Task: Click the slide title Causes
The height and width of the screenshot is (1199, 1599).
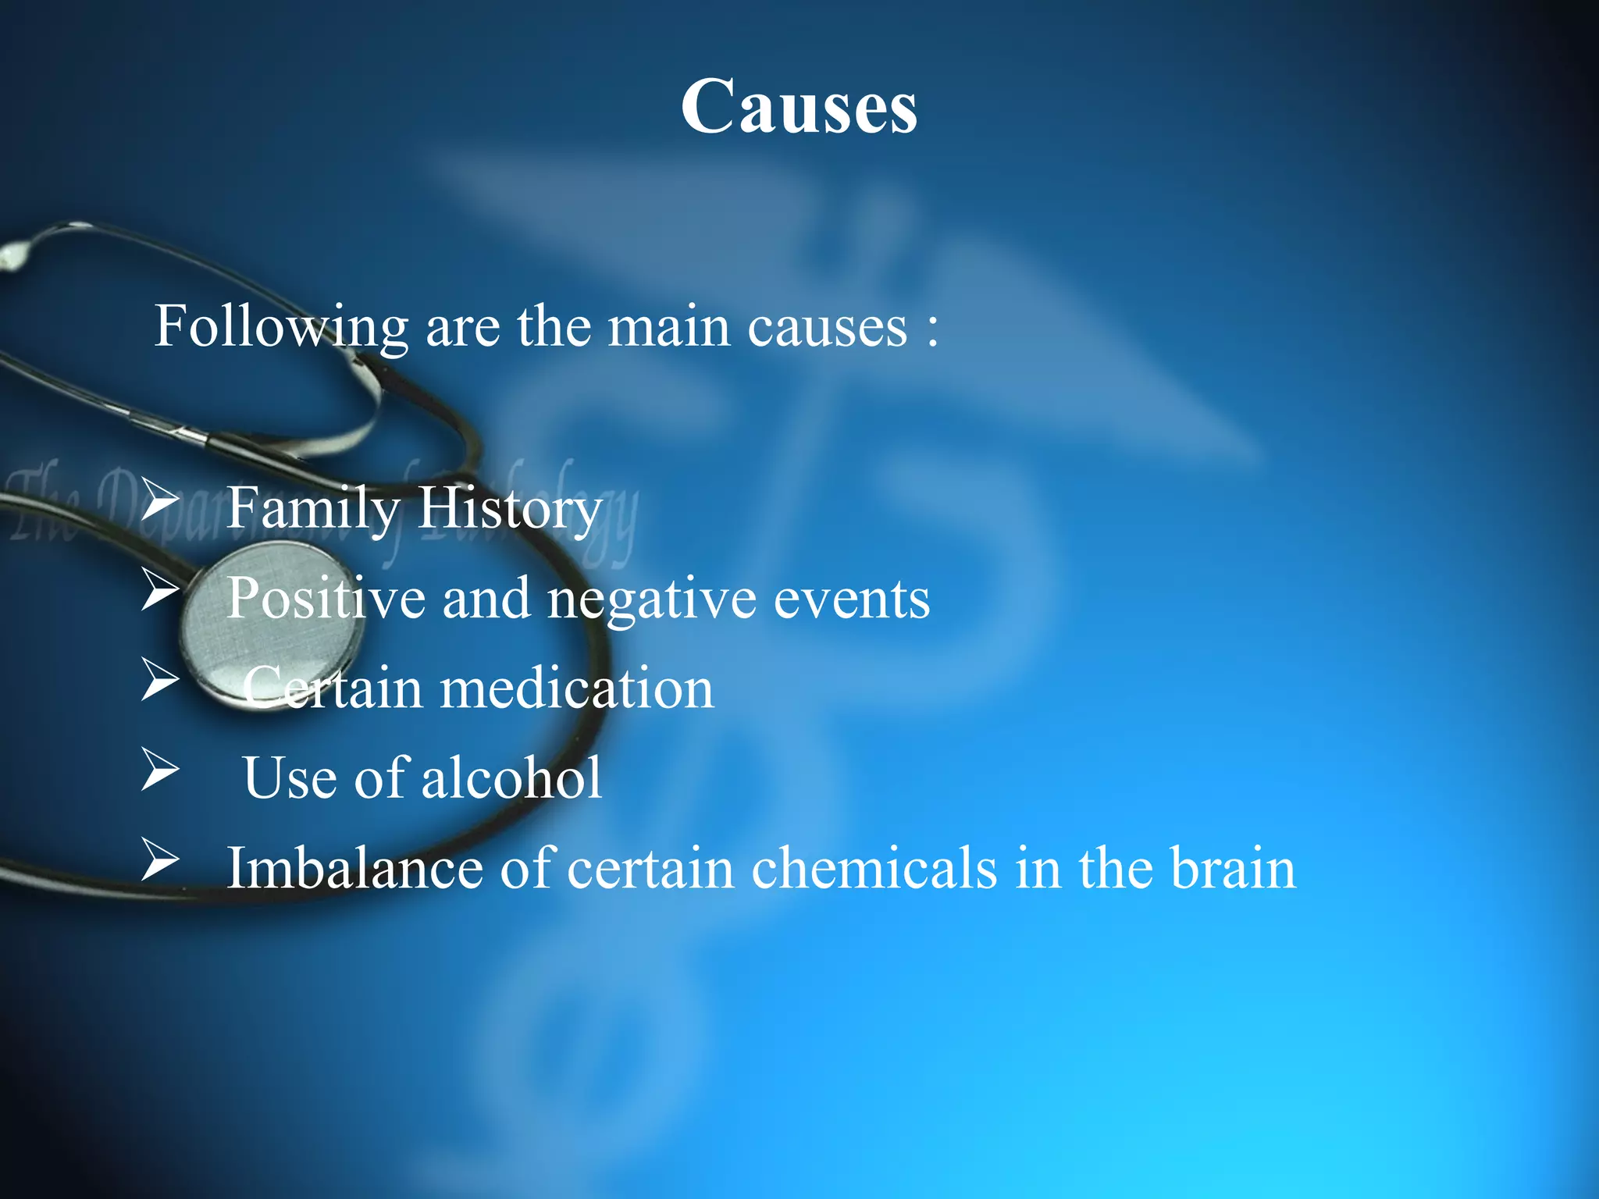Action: click(799, 107)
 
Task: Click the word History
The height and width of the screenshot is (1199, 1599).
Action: click(510, 509)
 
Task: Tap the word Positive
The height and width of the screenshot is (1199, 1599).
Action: click(326, 599)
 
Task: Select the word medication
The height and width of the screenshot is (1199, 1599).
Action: click(576, 689)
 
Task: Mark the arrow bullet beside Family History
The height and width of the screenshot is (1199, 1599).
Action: click(160, 501)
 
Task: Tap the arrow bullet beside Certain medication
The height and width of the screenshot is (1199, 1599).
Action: click(160, 679)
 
